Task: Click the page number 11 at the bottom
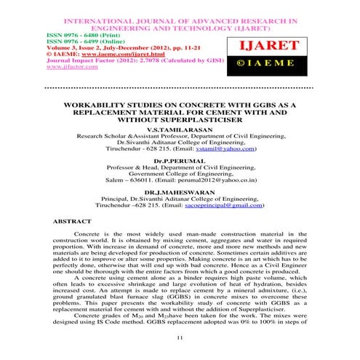[180, 338]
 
